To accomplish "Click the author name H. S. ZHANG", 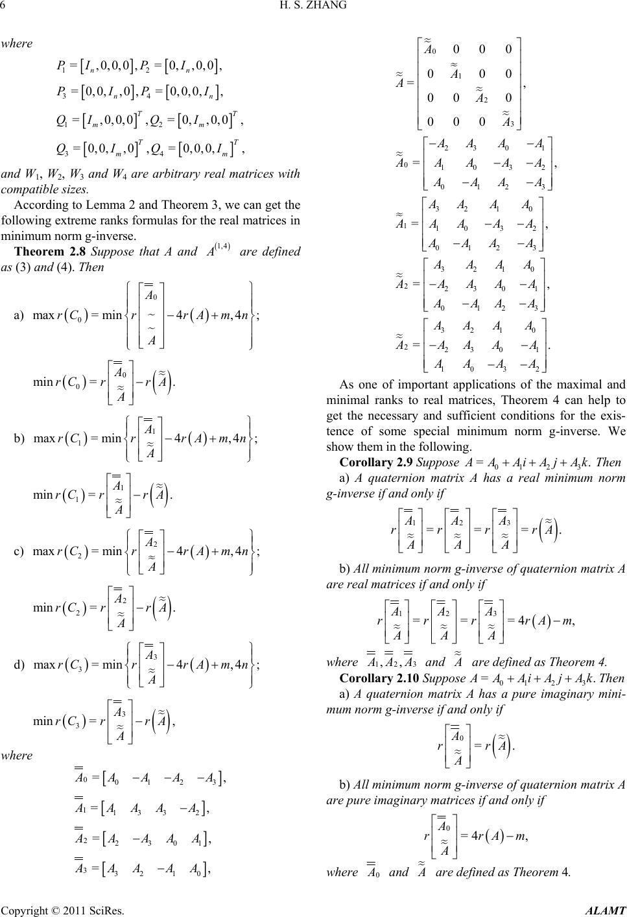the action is pos(313,7).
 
